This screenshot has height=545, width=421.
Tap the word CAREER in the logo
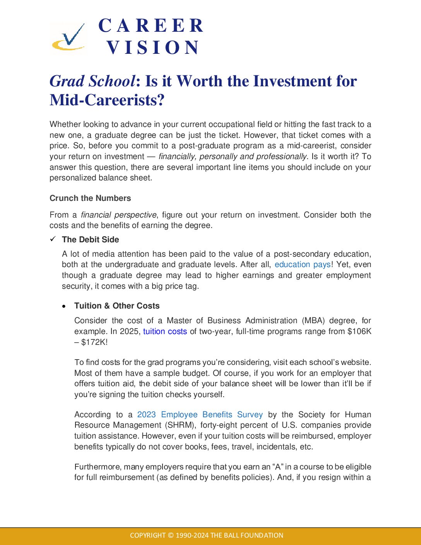pyautogui.click(x=151, y=26)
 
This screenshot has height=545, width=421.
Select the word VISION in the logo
pyautogui.click(x=153, y=48)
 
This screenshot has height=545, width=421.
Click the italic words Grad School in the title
pyautogui.click(x=92, y=81)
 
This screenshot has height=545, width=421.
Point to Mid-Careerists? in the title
pyautogui.click(x=107, y=100)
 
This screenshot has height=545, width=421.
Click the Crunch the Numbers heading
pyautogui.click(x=90, y=198)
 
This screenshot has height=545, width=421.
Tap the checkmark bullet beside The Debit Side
pyautogui.click(x=53, y=239)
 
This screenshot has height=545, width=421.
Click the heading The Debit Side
pyautogui.click(x=90, y=240)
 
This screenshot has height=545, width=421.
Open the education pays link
pyautogui.click(x=303, y=265)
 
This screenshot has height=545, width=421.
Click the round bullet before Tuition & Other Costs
pyautogui.click(x=64, y=306)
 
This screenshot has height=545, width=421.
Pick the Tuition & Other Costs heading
pyautogui.click(x=117, y=306)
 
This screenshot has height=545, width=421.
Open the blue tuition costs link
pyautogui.click(x=165, y=331)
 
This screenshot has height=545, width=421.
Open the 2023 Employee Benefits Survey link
pyautogui.click(x=200, y=415)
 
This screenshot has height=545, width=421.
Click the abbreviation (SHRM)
pyautogui.click(x=180, y=425)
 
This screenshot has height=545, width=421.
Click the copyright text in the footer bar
pyautogui.click(x=207, y=535)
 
